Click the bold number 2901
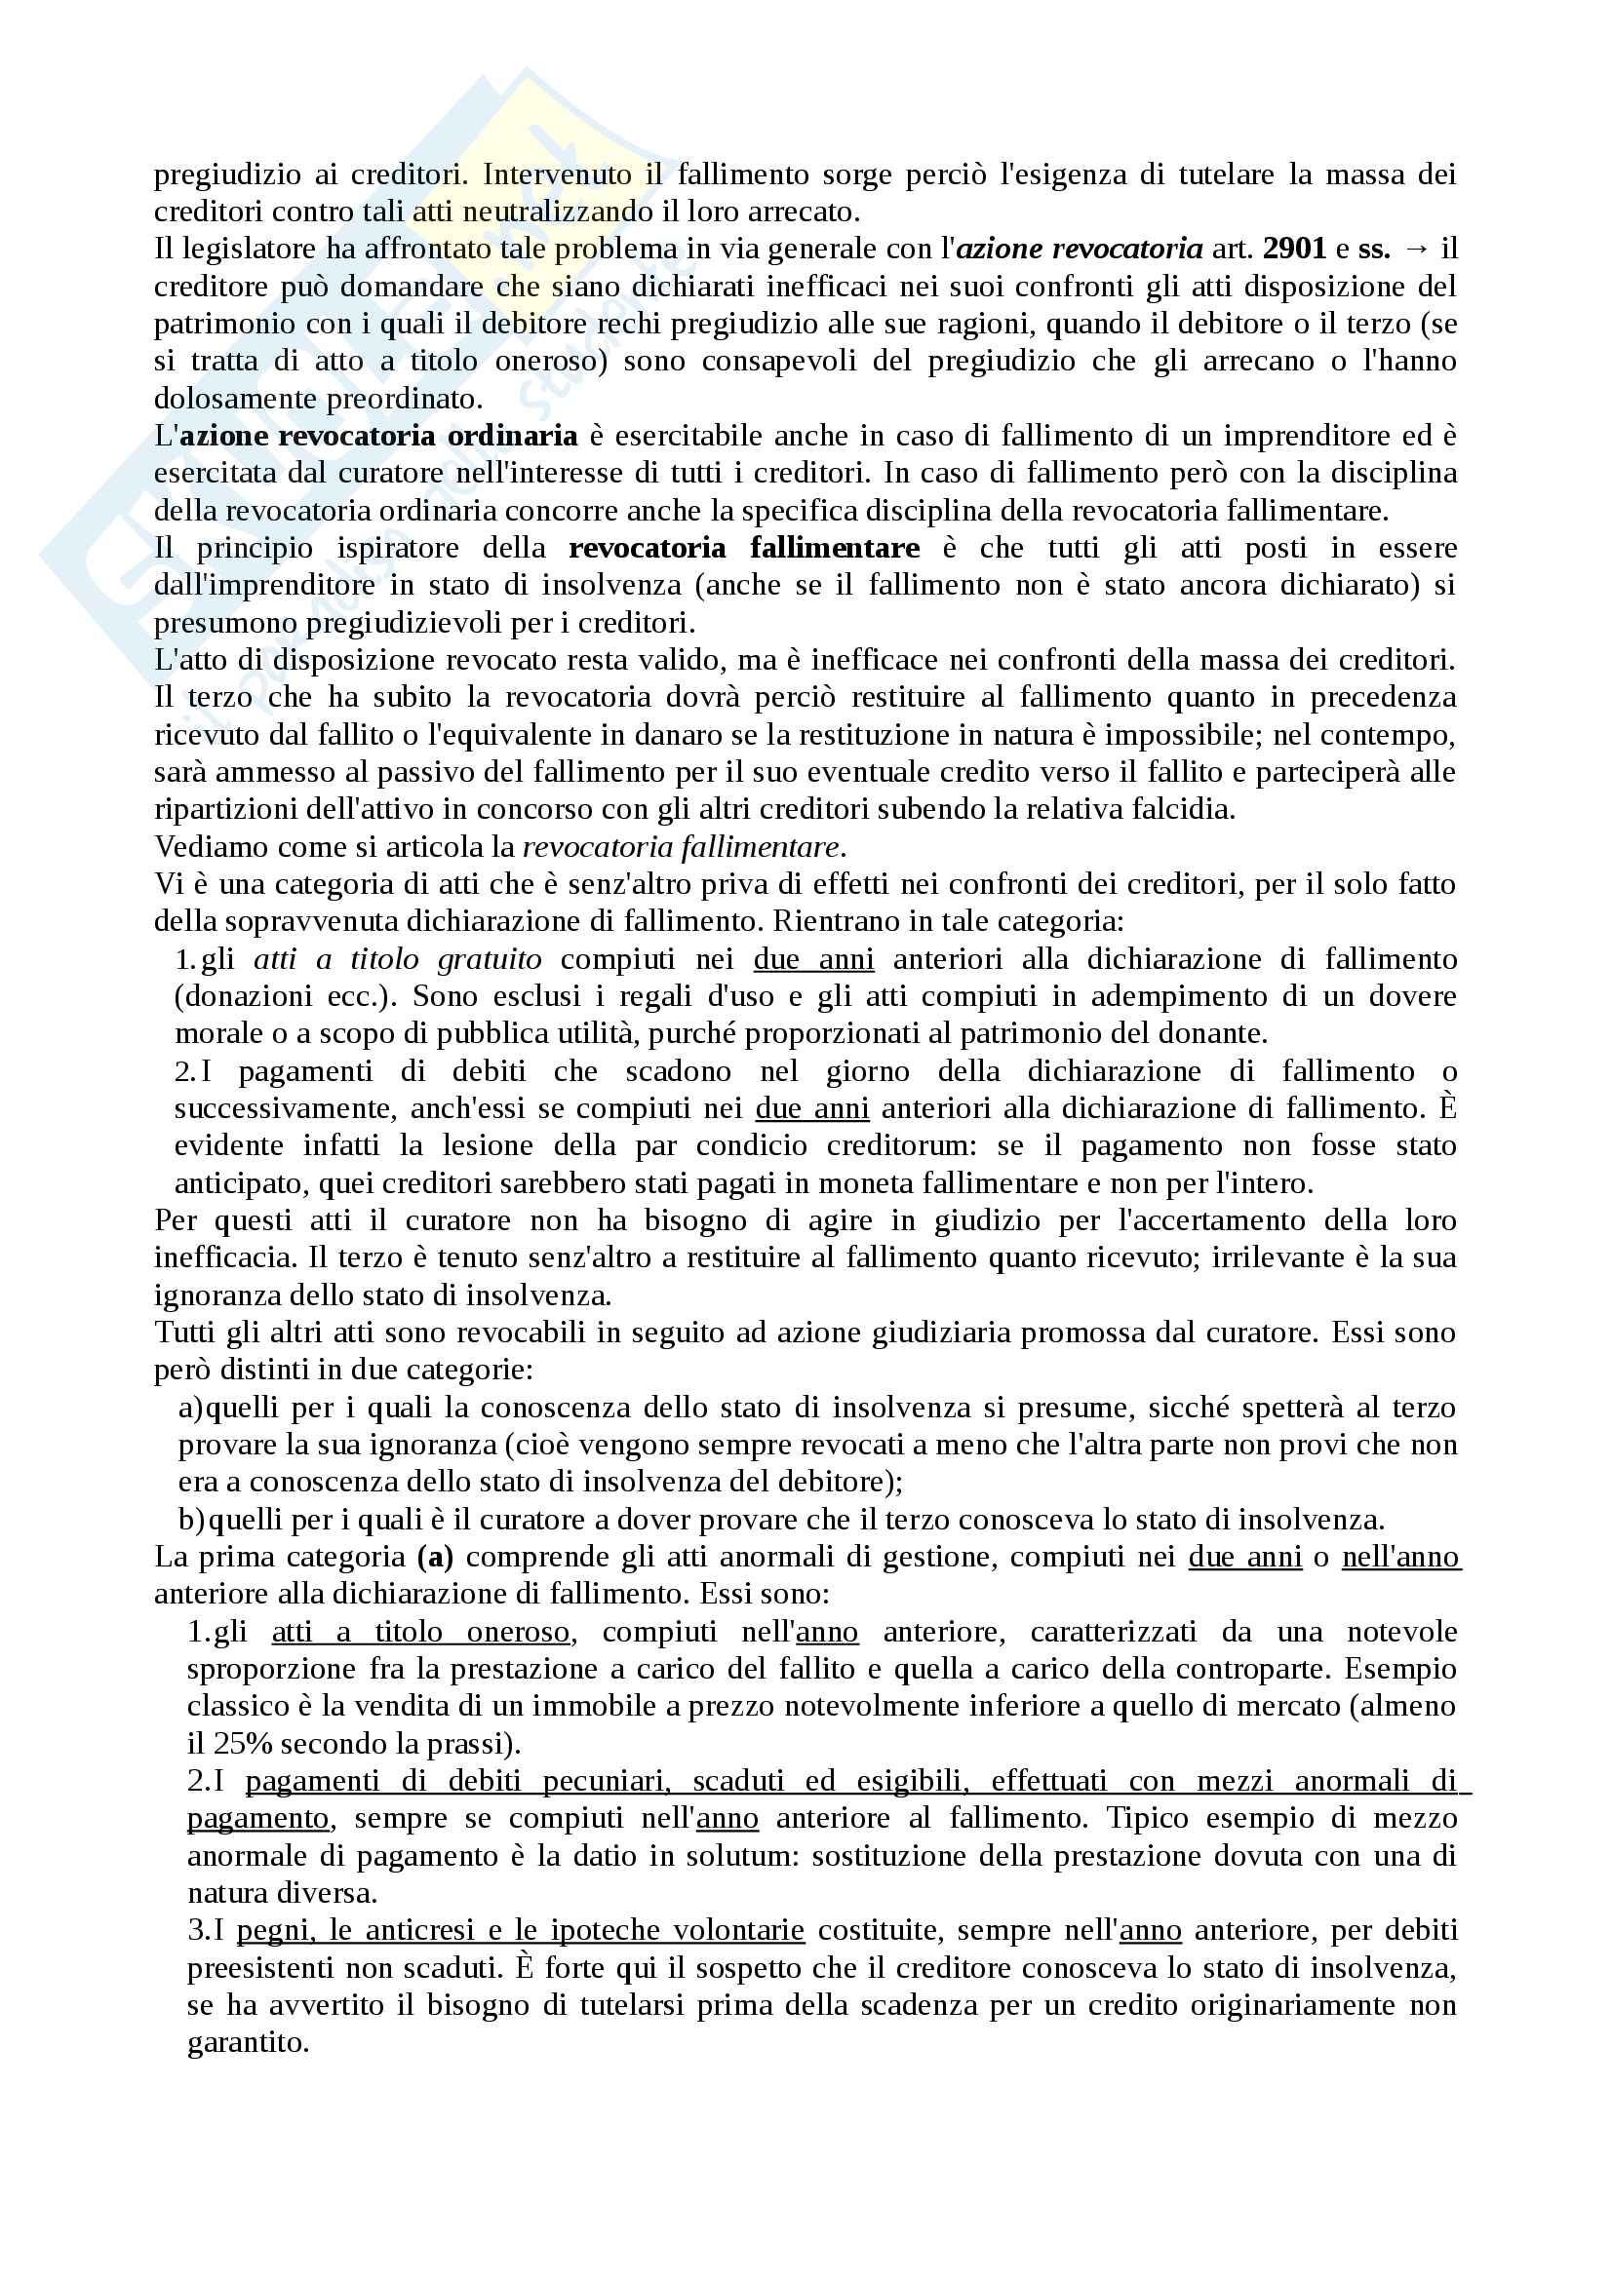(1294, 249)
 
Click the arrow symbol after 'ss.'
(1415, 249)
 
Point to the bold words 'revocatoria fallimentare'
(744, 548)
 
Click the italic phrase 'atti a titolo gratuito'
(397, 959)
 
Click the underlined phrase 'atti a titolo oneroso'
(420, 1632)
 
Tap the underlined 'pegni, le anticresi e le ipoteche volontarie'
(521, 1930)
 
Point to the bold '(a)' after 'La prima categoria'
(435, 1557)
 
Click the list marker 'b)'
(192, 1520)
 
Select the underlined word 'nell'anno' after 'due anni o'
(1399, 1557)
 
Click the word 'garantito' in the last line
(248, 2043)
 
